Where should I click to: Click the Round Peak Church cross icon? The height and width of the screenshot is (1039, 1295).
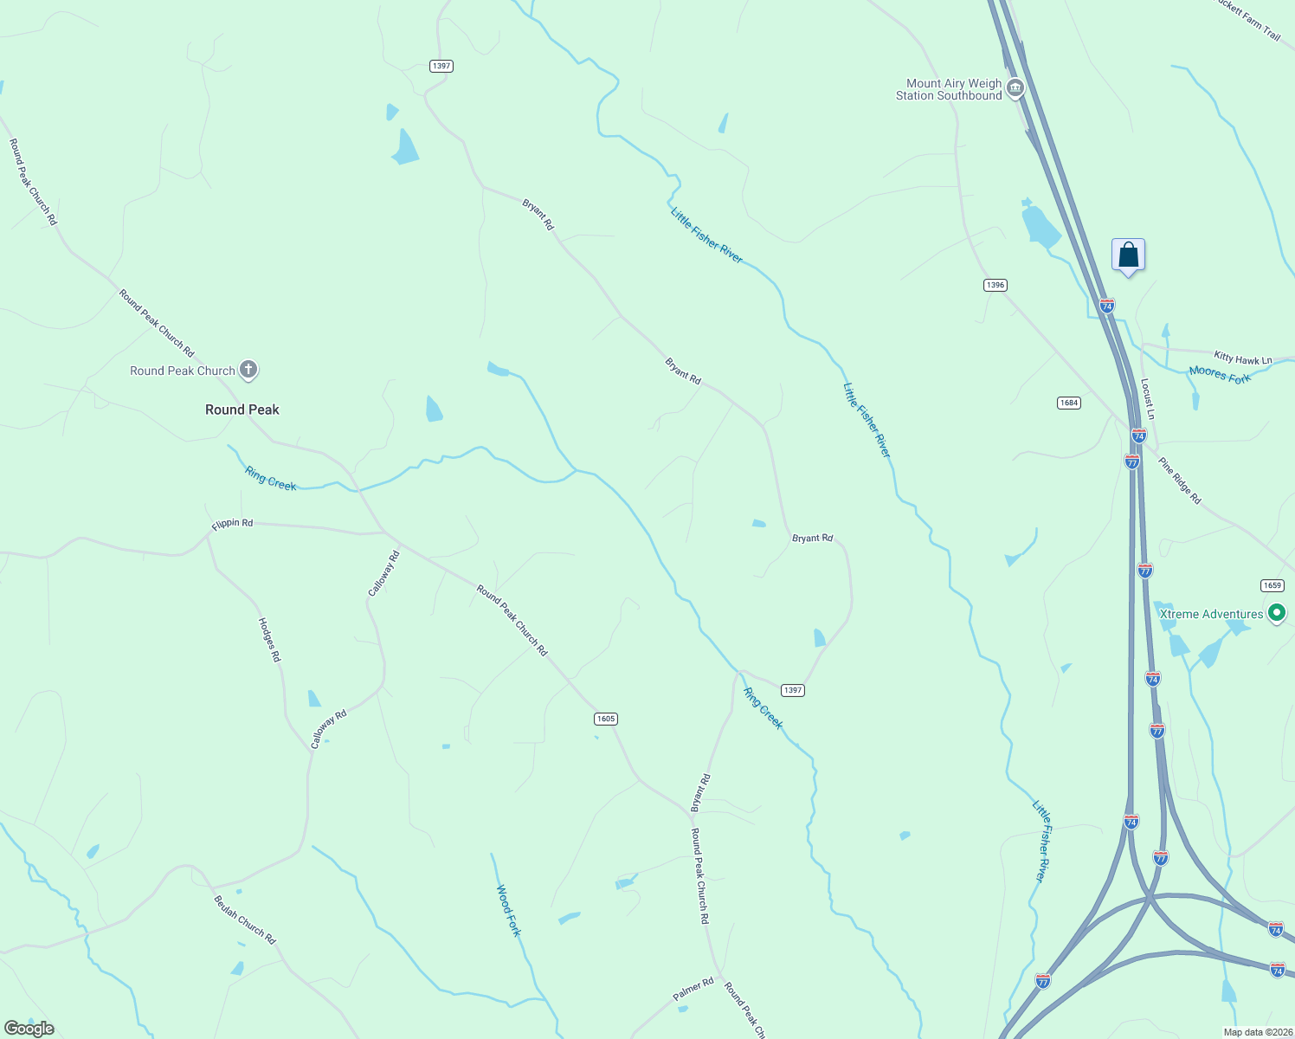248,371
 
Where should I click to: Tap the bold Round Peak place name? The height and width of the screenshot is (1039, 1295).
242,410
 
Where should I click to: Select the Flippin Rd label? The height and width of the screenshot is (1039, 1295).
232,523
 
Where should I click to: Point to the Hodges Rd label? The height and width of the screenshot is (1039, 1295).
270,640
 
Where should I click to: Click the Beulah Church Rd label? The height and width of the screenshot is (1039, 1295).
244,920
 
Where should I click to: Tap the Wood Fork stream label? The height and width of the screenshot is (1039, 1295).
508,910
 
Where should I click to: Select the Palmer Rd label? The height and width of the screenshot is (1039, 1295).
693,990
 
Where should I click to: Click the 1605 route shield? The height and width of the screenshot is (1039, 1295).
605,719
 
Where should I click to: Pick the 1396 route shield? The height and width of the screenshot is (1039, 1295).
995,285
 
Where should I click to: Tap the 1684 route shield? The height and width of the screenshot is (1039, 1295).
1069,403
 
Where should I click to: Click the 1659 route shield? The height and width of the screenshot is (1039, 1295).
1272,585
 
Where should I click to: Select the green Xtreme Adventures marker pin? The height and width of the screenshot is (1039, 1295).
1276,614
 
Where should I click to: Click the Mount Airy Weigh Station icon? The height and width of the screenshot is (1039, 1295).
1015,88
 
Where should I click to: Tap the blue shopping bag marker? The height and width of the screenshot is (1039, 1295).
1128,255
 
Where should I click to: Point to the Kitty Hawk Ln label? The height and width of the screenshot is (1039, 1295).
1243,358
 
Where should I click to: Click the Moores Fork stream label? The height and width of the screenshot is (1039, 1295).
1220,374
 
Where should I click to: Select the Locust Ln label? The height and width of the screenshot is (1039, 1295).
1147,394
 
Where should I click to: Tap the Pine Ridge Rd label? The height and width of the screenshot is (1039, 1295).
1180,481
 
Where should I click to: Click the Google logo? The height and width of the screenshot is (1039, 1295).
29,1029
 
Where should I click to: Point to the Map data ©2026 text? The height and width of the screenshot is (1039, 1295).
1256,1032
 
